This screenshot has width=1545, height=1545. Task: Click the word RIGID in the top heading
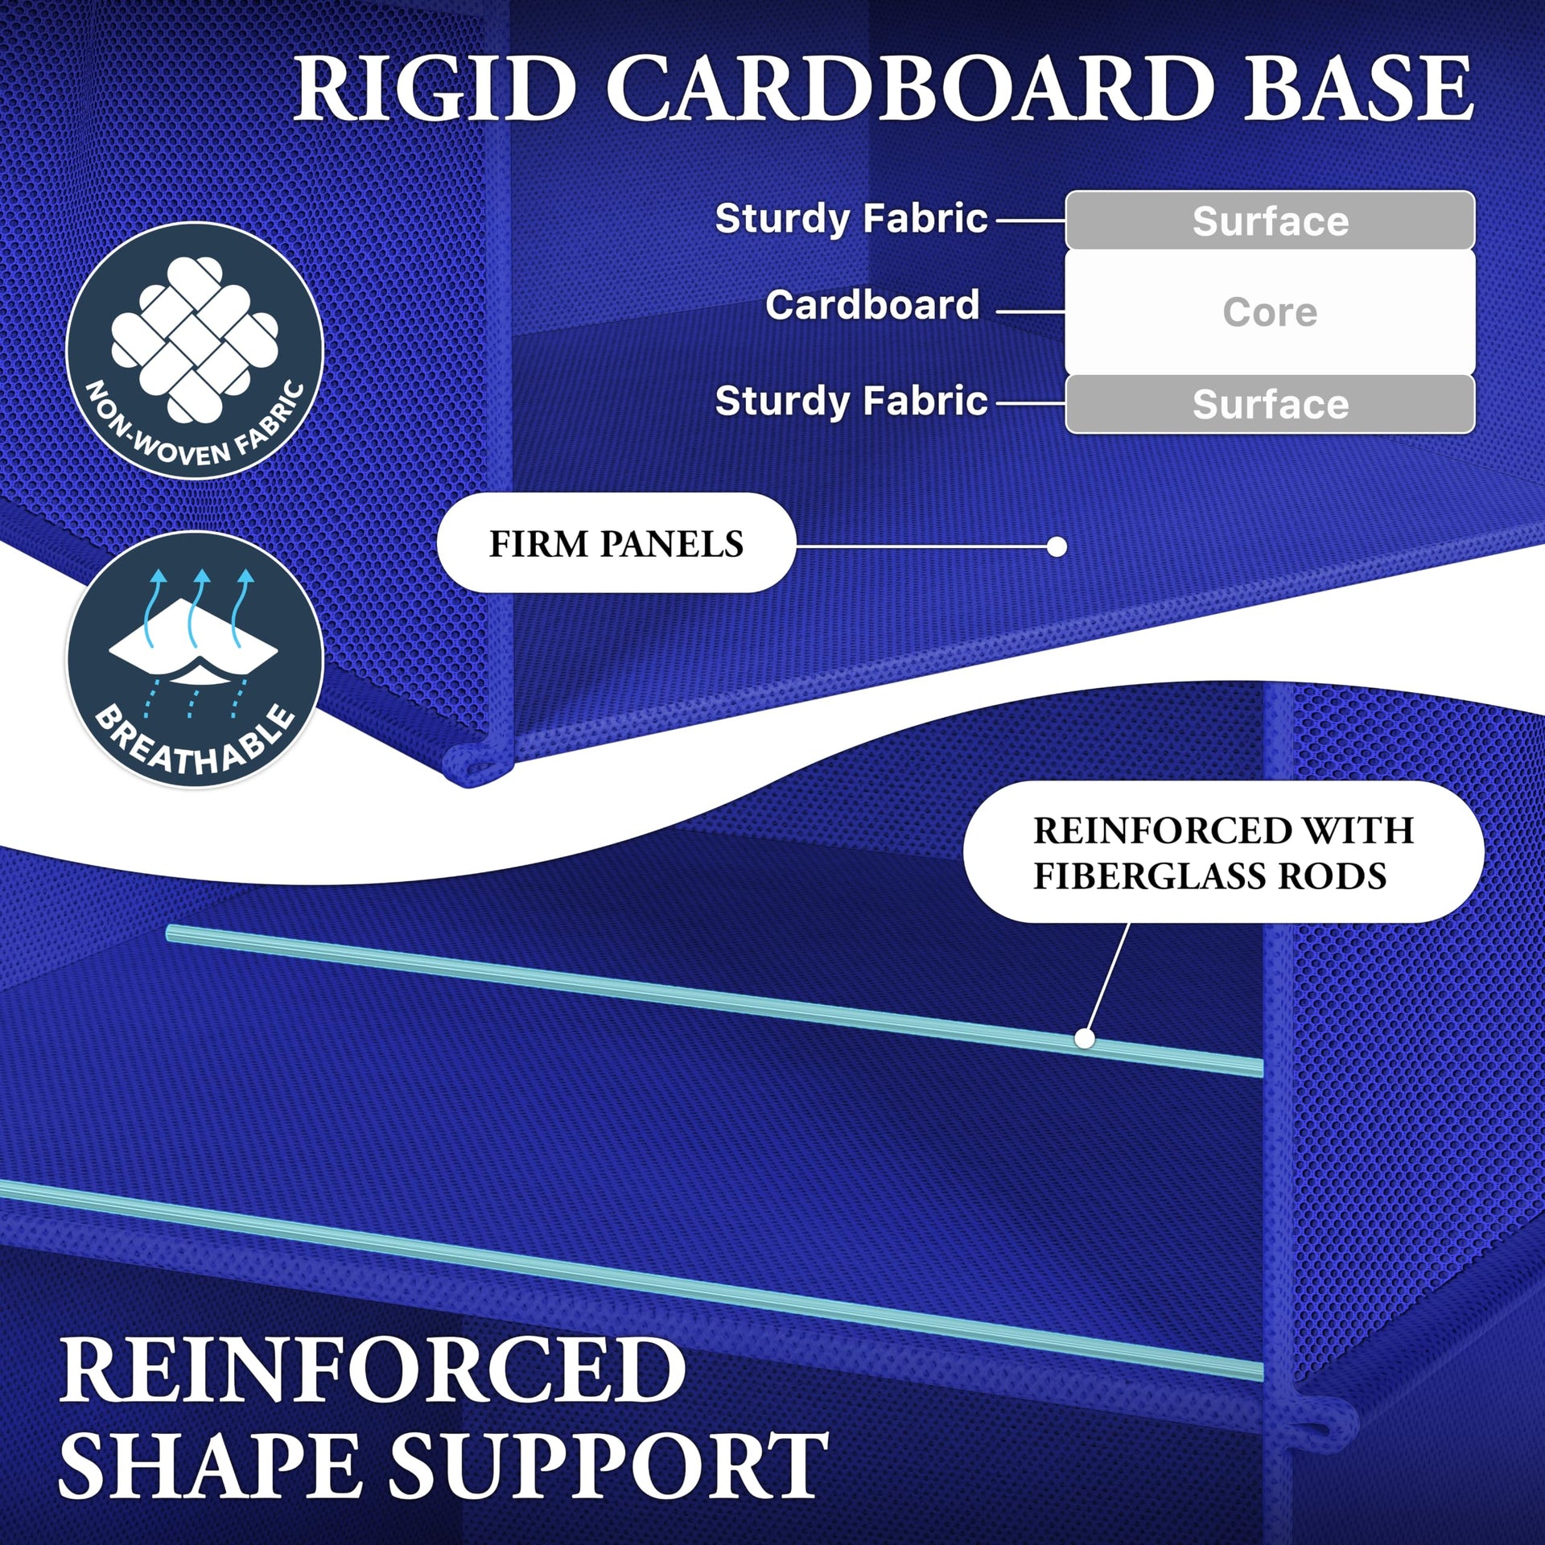tap(435, 89)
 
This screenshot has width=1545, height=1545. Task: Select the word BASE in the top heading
tap(1359, 89)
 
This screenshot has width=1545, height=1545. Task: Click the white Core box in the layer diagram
tap(1270, 312)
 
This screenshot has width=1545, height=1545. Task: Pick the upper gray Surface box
tap(1270, 220)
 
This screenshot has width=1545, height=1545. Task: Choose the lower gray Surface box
tap(1270, 404)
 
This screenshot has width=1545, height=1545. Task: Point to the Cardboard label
tap(872, 305)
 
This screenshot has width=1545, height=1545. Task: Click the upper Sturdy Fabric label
tap(851, 218)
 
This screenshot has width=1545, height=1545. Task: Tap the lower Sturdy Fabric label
tap(851, 401)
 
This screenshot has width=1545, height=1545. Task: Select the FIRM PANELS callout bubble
tap(616, 543)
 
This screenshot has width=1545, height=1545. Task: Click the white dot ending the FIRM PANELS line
tap(1057, 547)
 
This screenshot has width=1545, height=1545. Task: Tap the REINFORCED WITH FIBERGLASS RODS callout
tap(1223, 852)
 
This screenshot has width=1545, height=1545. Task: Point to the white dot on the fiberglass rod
tap(1085, 1039)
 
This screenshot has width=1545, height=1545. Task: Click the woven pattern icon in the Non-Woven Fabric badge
tap(195, 339)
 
